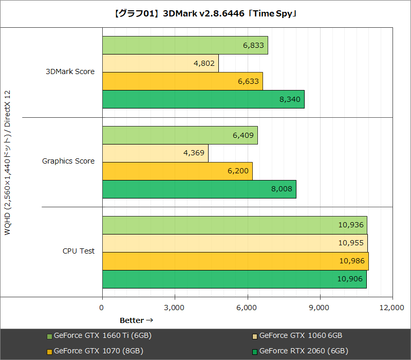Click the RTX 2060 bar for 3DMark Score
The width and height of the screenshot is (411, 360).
pyautogui.click(x=203, y=99)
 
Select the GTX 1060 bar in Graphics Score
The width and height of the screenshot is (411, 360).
pyautogui.click(x=155, y=153)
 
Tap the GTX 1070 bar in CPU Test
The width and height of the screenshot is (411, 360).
pyautogui.click(x=235, y=261)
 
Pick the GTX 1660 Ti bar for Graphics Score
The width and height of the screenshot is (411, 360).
pyautogui.click(x=180, y=135)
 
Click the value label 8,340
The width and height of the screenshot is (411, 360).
pyautogui.click(x=290, y=99)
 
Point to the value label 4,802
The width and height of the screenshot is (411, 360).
pyautogui.click(x=204, y=63)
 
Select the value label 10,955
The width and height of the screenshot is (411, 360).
pyautogui.click(x=352, y=243)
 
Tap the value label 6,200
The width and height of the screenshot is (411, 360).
pyautogui.click(x=238, y=171)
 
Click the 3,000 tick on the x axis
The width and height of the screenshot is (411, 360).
pyautogui.click(x=175, y=308)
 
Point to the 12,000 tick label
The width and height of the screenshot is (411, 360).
pyautogui.click(x=393, y=308)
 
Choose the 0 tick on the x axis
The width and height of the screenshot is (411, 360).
pyautogui.click(x=102, y=308)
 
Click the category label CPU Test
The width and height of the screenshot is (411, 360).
pyautogui.click(x=79, y=251)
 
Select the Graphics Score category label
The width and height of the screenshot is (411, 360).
pyautogui.click(x=68, y=161)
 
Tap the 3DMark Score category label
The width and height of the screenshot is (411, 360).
pyautogui.click(x=70, y=72)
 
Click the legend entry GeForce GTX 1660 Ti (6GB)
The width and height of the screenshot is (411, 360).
pyautogui.click(x=102, y=336)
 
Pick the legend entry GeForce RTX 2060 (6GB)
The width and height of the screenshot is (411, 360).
pyautogui.click(x=304, y=351)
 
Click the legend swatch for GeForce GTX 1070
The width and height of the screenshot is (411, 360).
pyautogui.click(x=49, y=352)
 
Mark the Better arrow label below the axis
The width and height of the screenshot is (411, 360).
pyautogui.click(x=137, y=320)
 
